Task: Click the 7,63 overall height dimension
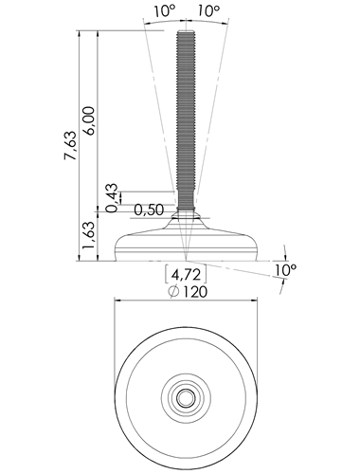71,145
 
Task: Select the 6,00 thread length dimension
89,121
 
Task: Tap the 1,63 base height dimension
89,235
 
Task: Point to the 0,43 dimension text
113,198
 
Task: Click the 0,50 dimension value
149,210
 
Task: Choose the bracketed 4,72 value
186,275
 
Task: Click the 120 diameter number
194,292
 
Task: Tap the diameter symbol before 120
173,292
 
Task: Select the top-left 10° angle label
164,11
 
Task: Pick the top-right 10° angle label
208,11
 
